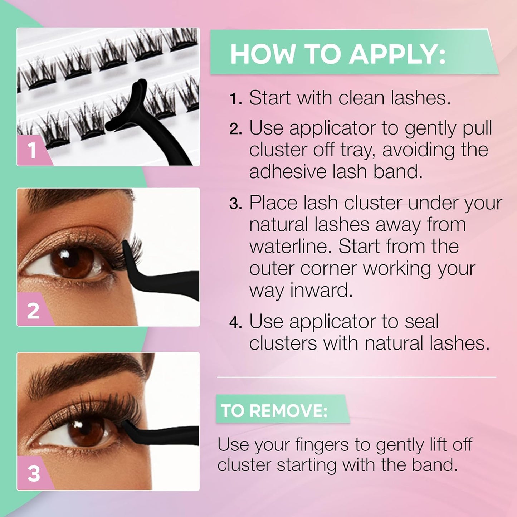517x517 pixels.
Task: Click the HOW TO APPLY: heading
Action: pyautogui.click(x=338, y=54)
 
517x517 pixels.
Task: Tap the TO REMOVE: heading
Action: pyautogui.click(x=274, y=410)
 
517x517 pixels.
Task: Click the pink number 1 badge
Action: pyautogui.click(x=32, y=151)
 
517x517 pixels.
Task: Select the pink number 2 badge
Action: pyautogui.click(x=33, y=310)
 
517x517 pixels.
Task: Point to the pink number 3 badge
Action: pyautogui.click(x=33, y=474)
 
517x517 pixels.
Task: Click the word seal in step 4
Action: pyautogui.click(x=421, y=321)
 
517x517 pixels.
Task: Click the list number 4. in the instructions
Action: pyautogui.click(x=236, y=323)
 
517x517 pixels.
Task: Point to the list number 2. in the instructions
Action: pyautogui.click(x=236, y=129)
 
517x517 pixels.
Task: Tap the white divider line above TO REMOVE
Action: pyautogui.click(x=356, y=377)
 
